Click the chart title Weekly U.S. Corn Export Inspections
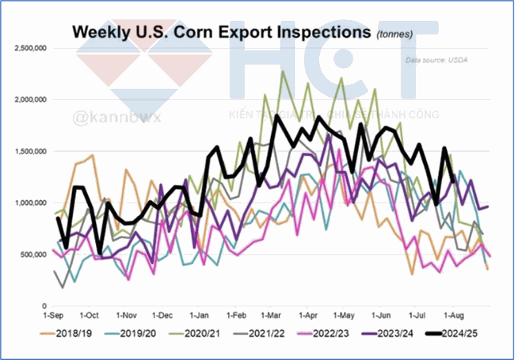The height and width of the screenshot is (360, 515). point(222,33)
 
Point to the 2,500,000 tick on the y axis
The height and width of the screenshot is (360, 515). point(31,48)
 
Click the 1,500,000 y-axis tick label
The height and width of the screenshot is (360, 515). point(31,151)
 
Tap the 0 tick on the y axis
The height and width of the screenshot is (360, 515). point(46,306)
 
